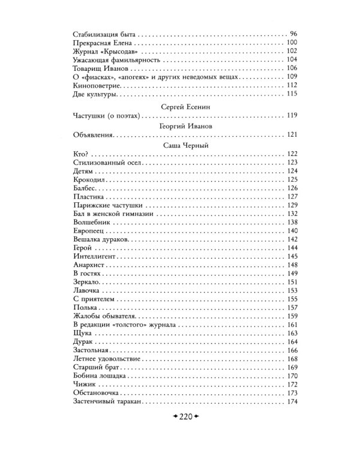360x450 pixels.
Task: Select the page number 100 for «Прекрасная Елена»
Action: tap(292, 44)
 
